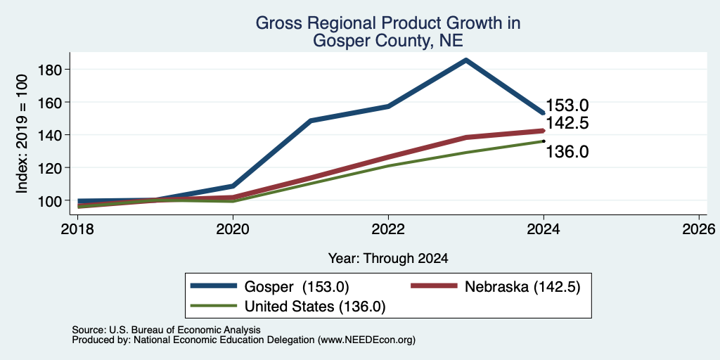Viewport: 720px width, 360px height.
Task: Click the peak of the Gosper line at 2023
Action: click(x=465, y=60)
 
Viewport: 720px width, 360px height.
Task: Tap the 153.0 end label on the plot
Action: click(x=567, y=105)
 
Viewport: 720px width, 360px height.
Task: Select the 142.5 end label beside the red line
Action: click(x=567, y=123)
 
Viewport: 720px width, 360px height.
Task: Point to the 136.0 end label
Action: click(x=567, y=152)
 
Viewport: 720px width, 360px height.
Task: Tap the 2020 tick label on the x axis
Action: click(x=233, y=229)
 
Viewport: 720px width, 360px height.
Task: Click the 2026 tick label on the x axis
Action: click(x=699, y=229)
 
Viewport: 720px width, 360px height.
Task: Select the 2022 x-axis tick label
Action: click(x=388, y=229)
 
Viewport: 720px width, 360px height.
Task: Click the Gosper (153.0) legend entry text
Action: click(x=297, y=287)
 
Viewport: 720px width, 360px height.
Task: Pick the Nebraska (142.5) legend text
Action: click(x=523, y=287)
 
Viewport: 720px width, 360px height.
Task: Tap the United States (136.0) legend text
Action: click(x=315, y=307)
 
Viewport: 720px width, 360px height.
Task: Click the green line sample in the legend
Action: click(x=214, y=306)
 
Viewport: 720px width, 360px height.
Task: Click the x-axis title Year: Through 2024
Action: click(x=388, y=259)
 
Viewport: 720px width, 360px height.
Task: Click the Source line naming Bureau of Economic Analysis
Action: click(x=166, y=330)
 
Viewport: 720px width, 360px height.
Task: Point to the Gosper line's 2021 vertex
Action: click(x=311, y=121)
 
